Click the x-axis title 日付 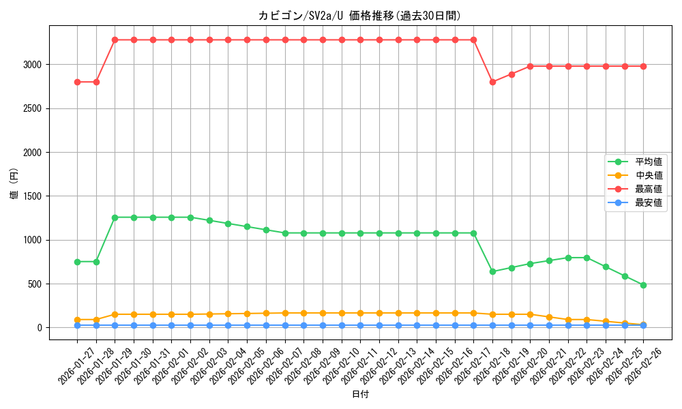point(360,395)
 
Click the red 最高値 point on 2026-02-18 point(492,82)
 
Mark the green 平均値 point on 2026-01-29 point(115,217)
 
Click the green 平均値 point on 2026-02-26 point(643,285)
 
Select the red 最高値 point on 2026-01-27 point(77,82)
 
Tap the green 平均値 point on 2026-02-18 point(492,271)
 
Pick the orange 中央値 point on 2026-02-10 point(341,313)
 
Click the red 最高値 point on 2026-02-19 point(512,74)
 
